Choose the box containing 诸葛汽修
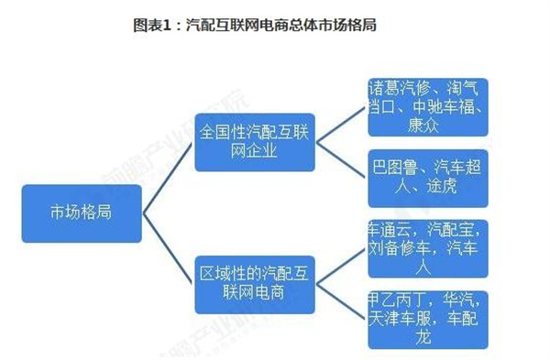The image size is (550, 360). pos(427,107)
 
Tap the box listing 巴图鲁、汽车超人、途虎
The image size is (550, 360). pos(427,178)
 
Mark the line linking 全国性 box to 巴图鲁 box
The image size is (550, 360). pos(340,160)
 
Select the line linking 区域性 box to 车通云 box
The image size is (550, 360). pos(340,265)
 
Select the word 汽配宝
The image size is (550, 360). pos(455,229)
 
